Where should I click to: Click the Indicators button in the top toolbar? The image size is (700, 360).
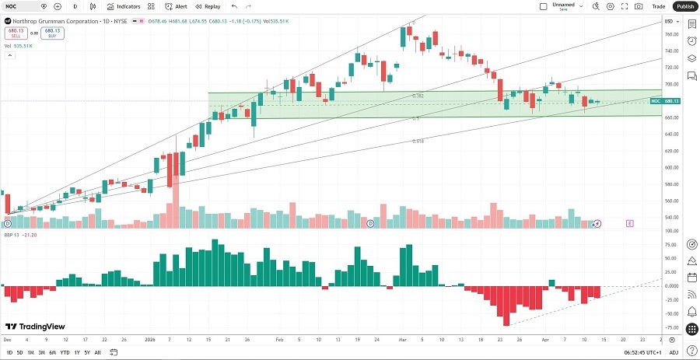point(124,6)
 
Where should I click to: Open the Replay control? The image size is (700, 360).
point(208,6)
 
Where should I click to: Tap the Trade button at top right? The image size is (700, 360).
point(658,6)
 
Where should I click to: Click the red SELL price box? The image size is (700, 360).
point(15,33)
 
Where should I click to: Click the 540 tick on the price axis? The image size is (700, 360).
point(668,218)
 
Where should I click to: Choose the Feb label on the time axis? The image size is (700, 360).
point(278,340)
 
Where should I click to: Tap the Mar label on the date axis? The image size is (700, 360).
point(402,340)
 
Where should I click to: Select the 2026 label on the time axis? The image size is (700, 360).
point(150,340)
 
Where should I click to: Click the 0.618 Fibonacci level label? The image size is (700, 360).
point(418,142)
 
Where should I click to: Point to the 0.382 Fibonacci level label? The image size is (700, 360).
point(418,96)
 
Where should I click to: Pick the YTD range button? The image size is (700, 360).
point(65,353)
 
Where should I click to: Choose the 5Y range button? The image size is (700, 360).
point(86,353)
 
